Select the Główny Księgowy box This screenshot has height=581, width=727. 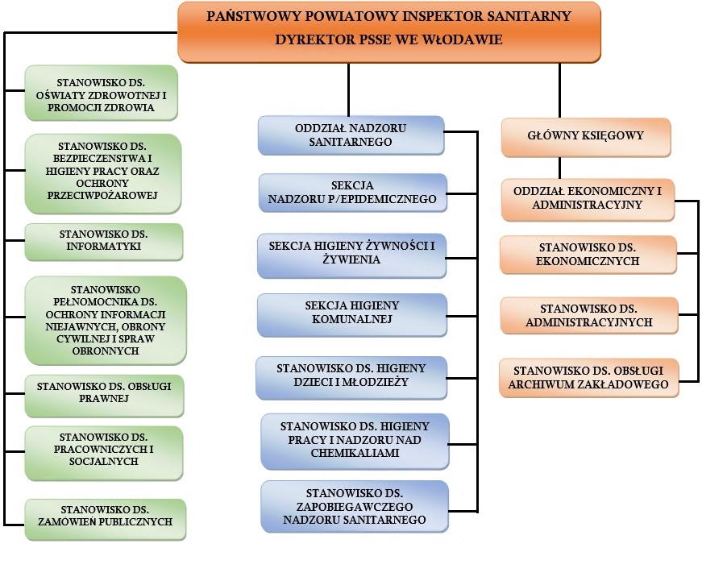tap(586, 137)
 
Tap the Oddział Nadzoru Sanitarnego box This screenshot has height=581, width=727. tap(351, 135)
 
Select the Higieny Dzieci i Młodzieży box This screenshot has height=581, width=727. tap(351, 376)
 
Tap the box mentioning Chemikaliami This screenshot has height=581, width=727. tap(355, 440)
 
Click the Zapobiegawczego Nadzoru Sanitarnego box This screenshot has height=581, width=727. tap(355, 506)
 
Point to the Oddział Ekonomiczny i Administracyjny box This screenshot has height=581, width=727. tap(587, 199)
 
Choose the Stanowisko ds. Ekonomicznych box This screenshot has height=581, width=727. tap(588, 255)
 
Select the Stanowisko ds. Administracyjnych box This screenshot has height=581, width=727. tap(588, 316)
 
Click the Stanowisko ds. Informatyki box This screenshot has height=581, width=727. tap(103, 241)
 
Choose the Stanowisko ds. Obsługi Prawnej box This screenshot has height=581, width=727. tap(105, 393)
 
